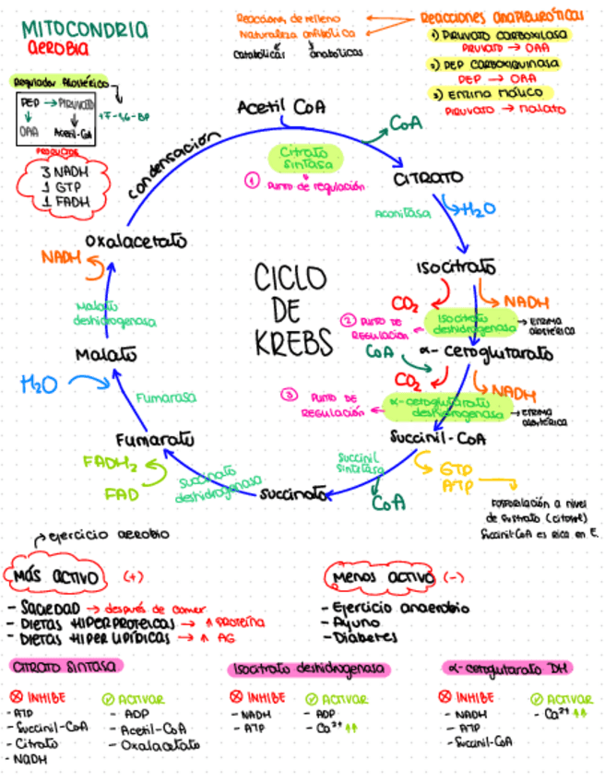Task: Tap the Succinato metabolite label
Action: [294, 493]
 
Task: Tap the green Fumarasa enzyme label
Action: [166, 398]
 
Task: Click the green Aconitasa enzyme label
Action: [403, 214]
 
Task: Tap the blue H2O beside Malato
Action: [38, 382]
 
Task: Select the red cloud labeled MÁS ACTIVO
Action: [57, 577]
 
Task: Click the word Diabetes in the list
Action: [367, 636]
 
